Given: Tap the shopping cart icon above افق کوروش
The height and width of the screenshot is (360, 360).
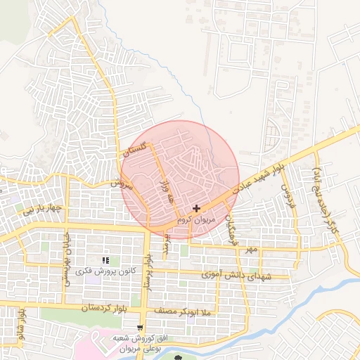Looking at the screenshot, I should click(x=141, y=327).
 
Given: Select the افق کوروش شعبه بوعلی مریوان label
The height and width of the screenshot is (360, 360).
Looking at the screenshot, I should click(x=139, y=342).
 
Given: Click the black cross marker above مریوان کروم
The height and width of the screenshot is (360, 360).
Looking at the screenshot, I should click(x=195, y=208).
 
